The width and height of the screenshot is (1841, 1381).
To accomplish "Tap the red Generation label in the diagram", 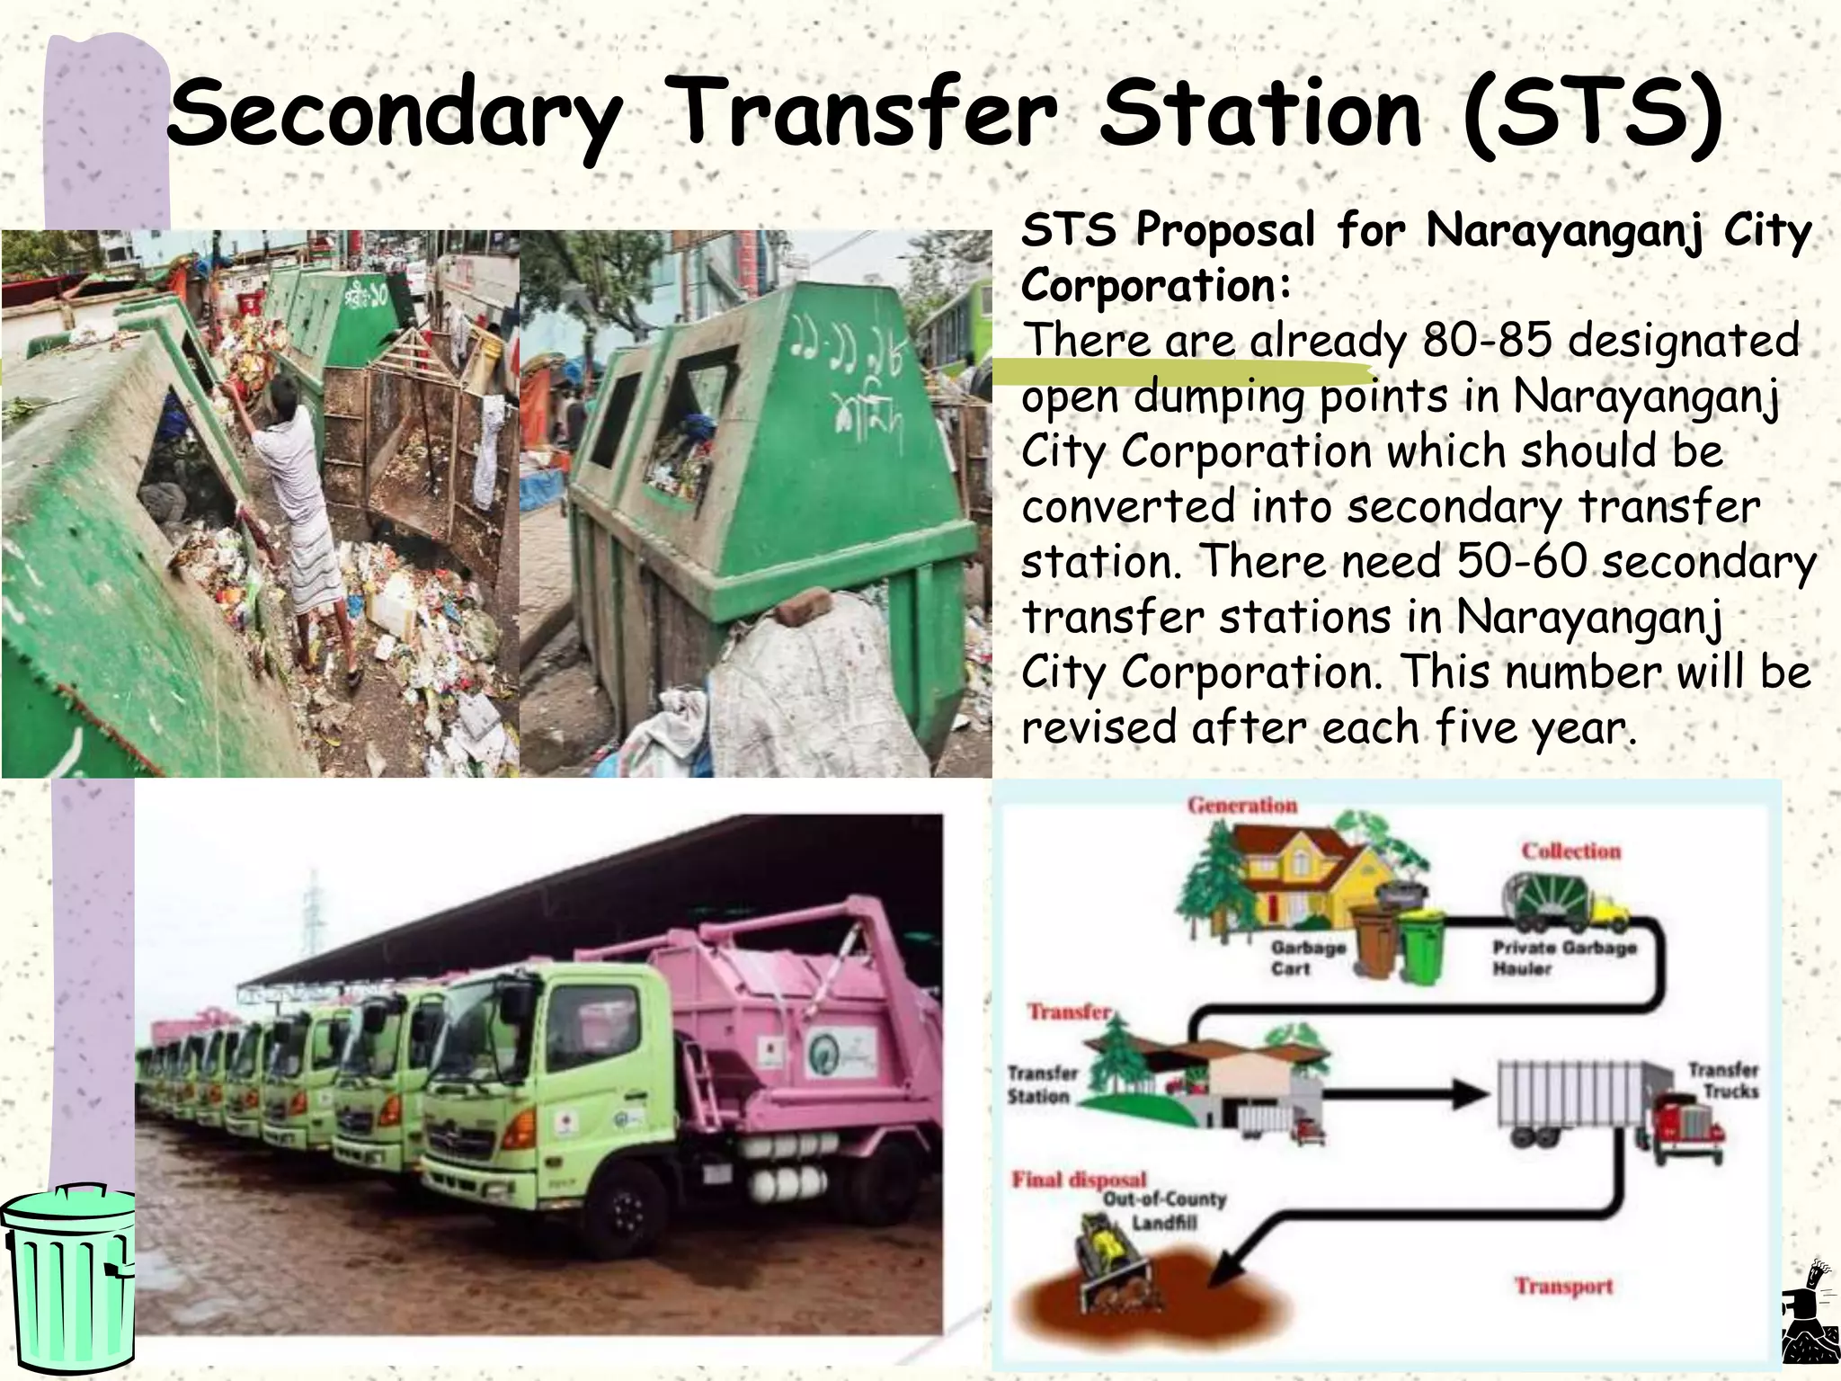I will tap(1242, 806).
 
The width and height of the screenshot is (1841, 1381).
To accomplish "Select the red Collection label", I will tap(1570, 851).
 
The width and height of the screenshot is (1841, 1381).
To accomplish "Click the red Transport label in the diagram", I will tap(1563, 1287).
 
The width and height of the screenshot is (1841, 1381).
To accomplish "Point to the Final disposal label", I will tap(1079, 1179).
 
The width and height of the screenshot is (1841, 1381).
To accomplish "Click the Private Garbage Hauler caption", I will tap(1564, 958).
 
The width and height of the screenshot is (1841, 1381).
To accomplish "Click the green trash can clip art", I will tap(67, 1277).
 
